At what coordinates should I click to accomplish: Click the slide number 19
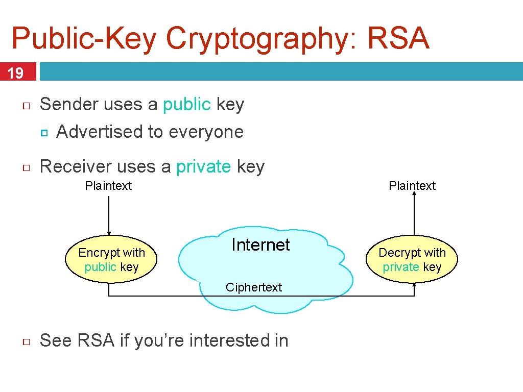click(16, 73)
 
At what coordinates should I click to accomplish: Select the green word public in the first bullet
click(186, 105)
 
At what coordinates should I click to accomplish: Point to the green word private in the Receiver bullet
click(203, 166)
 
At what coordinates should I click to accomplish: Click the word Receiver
click(76, 166)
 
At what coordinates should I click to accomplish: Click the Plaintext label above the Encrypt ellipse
click(108, 186)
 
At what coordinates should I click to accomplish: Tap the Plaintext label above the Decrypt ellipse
click(412, 186)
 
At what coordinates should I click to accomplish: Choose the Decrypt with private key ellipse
click(412, 259)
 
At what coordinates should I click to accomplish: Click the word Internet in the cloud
click(260, 245)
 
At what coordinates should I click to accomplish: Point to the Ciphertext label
click(254, 287)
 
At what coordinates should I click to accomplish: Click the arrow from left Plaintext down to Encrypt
click(109, 214)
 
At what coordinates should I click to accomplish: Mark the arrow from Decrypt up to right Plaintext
click(414, 214)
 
